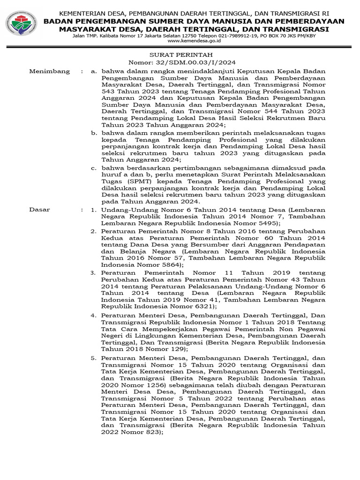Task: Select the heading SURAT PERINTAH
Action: [x=182, y=54]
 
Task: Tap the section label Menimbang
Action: [x=49, y=71]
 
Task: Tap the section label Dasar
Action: [x=39, y=210]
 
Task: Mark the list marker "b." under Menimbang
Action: [x=94, y=133]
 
